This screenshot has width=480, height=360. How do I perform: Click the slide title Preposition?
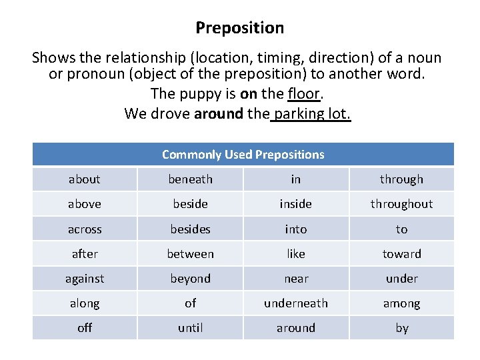pyautogui.click(x=240, y=28)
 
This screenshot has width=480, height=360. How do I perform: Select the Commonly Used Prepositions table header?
pyautogui.click(x=243, y=155)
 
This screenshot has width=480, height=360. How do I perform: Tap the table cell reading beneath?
pyautogui.click(x=190, y=179)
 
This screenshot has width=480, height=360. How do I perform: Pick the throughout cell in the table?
pyautogui.click(x=401, y=204)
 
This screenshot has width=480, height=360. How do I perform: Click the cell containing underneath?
pyautogui.click(x=296, y=303)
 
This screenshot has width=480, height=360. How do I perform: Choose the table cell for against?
pyautogui.click(x=85, y=279)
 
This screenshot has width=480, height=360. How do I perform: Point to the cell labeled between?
pyautogui.click(x=190, y=254)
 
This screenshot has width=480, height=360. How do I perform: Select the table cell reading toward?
pyautogui.click(x=401, y=254)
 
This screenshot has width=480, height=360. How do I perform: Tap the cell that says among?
pyautogui.click(x=401, y=303)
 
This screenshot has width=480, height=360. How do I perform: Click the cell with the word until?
pyautogui.click(x=190, y=328)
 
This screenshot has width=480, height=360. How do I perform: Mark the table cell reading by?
pyautogui.click(x=401, y=328)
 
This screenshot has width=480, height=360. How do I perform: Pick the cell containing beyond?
pyautogui.click(x=190, y=279)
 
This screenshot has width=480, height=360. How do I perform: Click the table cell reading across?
pyautogui.click(x=85, y=229)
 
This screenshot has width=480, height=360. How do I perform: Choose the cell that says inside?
pyautogui.click(x=296, y=204)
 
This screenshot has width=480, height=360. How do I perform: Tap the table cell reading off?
pyautogui.click(x=85, y=328)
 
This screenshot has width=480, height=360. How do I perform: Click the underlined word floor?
pyautogui.click(x=304, y=94)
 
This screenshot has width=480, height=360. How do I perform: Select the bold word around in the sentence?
pyautogui.click(x=219, y=113)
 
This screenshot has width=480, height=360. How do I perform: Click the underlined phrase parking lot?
pyautogui.click(x=311, y=113)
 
